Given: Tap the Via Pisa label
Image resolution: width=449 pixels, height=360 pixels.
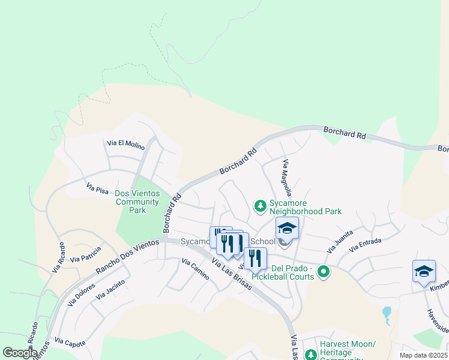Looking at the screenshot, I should click(97, 189).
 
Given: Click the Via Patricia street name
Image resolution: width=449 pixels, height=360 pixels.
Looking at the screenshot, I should click(85, 258).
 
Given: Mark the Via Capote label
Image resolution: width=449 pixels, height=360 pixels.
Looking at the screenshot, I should click(70, 343).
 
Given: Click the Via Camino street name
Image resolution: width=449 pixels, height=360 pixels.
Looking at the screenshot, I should click(195, 270).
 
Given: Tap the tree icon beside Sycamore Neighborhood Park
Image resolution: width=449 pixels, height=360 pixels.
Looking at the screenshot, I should click(260, 206).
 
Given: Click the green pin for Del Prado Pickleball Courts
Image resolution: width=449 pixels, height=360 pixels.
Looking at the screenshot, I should click(324, 272).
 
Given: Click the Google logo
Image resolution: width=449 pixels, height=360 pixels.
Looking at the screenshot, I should click(19, 353).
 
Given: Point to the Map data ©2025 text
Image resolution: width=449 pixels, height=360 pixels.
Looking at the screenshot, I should click(423, 355).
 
